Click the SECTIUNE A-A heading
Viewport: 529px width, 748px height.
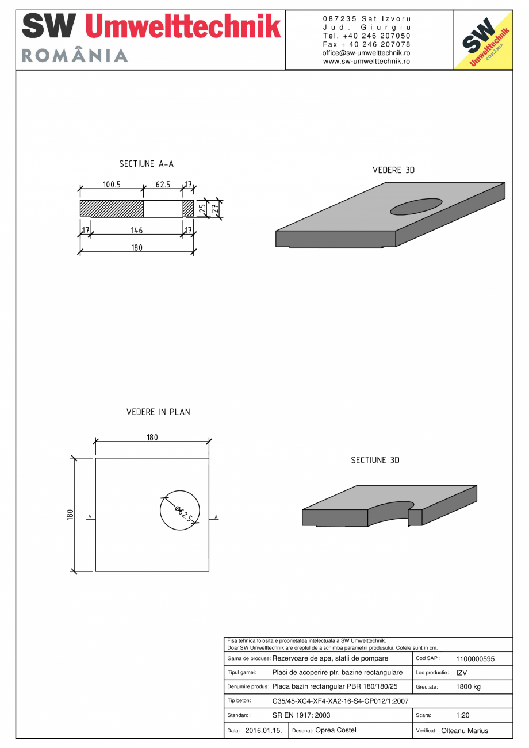[146, 164]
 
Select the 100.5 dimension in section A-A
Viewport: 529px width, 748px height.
[112, 185]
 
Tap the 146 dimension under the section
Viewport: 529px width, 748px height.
[137, 231]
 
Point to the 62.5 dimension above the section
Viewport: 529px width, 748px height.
[163, 185]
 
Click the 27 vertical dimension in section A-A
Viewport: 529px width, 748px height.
[215, 209]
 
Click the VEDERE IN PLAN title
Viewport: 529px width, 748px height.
[158, 412]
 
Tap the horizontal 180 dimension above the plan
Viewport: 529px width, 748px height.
[152, 438]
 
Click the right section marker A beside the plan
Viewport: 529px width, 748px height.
[216, 517]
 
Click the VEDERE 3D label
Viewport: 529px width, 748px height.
[394, 171]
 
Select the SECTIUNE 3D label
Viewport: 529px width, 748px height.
[375, 461]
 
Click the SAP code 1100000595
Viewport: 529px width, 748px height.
[475, 659]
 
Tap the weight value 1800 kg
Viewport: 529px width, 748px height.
[468, 687]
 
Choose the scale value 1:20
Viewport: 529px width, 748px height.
[463, 715]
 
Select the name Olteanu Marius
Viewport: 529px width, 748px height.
[464, 731]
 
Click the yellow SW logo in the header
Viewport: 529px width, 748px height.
[483, 40]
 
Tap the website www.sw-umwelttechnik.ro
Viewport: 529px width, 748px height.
[366, 61]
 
